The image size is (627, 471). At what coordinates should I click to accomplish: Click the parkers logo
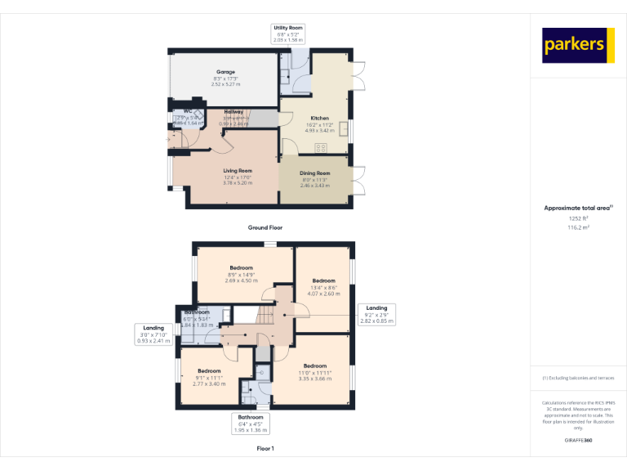pos(578,46)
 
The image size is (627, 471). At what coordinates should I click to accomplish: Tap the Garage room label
pos(225,72)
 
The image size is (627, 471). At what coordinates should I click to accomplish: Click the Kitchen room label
pos(319,118)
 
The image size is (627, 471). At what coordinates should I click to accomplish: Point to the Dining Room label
pos(316,173)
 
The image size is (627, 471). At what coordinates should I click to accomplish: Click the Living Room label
pos(238,171)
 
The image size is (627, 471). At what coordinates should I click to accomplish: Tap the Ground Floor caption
pos(265,227)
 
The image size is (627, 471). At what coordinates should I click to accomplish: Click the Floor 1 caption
pos(265,449)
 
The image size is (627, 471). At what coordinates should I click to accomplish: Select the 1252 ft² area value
pos(578,218)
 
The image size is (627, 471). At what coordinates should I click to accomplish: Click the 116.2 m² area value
pos(578,228)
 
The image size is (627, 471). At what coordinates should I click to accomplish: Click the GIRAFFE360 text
pos(578,441)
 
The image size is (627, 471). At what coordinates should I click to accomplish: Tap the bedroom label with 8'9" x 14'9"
pos(241,268)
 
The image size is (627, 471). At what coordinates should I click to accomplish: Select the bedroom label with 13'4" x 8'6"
pos(324,280)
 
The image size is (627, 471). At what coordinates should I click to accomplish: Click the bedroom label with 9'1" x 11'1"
pos(209,370)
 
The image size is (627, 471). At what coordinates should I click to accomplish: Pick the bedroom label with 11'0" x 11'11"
pos(315,366)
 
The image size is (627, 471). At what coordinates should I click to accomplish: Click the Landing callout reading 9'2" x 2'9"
pos(376,315)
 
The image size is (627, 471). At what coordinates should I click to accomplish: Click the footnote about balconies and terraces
pos(578,378)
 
